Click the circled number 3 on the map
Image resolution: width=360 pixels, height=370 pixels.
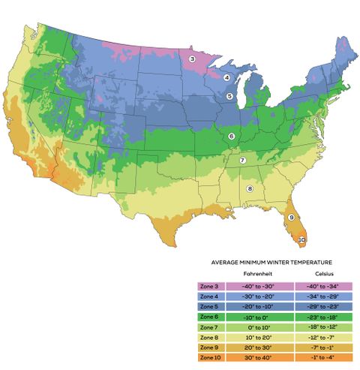(x=192, y=59)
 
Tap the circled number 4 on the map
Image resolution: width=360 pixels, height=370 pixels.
(x=226, y=77)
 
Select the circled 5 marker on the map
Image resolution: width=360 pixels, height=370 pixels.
(x=229, y=96)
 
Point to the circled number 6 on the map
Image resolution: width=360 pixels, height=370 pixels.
(x=232, y=136)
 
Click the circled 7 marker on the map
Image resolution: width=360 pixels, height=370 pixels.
(x=242, y=161)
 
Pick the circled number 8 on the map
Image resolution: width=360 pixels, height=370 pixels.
(x=250, y=188)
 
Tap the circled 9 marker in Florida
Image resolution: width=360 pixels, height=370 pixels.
(x=292, y=217)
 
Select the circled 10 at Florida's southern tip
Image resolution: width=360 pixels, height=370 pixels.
(x=301, y=240)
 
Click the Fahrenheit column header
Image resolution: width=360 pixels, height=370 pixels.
(x=242, y=275)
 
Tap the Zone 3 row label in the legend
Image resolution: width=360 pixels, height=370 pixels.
(x=209, y=286)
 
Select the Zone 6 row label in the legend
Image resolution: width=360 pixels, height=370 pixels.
(x=209, y=317)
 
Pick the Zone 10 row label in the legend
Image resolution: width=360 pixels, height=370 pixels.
(x=210, y=357)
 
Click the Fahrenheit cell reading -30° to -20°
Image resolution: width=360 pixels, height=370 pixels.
(x=242, y=296)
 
